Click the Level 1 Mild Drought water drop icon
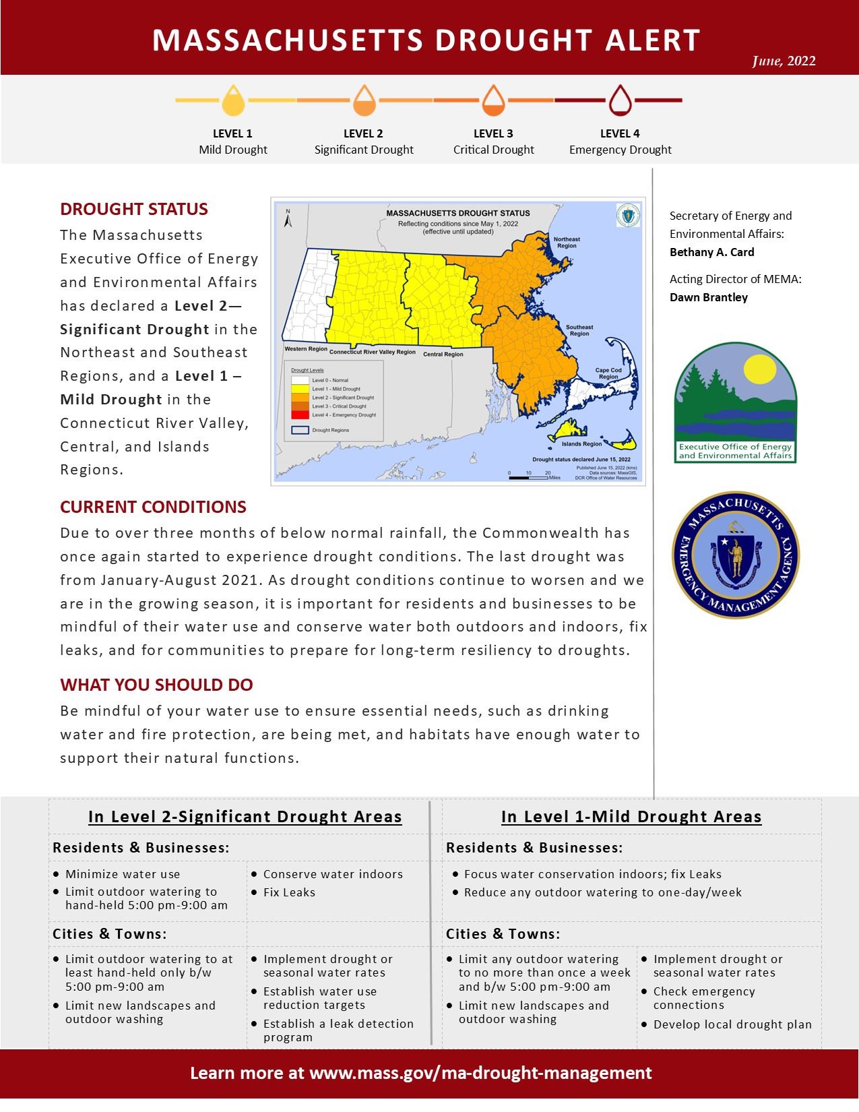point(233,100)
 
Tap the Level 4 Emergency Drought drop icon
point(620,100)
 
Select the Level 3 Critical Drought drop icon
point(493,100)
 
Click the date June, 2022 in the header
point(784,61)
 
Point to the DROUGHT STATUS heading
point(134,209)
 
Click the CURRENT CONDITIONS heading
point(153,507)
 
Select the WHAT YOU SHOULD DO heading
point(156,685)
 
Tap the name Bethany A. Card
point(711,252)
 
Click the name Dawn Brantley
point(708,297)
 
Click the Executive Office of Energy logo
point(735,403)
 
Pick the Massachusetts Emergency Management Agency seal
point(735,555)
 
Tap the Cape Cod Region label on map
point(608,373)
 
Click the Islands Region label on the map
point(583,444)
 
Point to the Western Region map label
point(305,349)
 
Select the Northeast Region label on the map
point(566,242)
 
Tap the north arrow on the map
point(287,218)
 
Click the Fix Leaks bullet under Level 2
point(289,892)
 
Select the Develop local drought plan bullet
point(732,1024)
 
